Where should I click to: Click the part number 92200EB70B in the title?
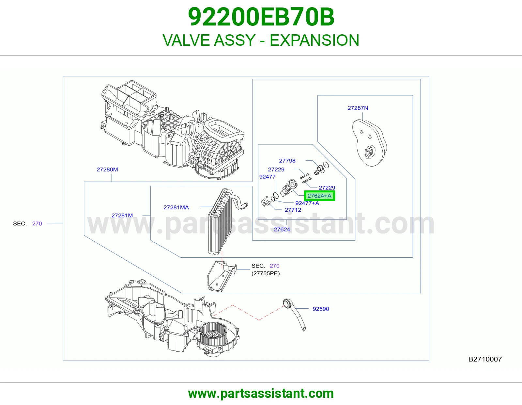click(x=261, y=17)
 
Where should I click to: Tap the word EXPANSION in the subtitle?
click(x=314, y=40)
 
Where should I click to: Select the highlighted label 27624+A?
click(x=319, y=196)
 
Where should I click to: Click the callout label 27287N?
click(x=358, y=108)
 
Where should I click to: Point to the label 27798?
click(x=287, y=161)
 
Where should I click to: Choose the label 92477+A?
click(x=307, y=203)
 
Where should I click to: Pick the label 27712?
click(x=293, y=210)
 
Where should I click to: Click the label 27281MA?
click(x=176, y=207)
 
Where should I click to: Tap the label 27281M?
click(x=122, y=216)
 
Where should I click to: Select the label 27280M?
click(x=107, y=170)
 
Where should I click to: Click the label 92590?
click(x=321, y=309)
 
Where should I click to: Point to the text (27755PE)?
click(x=266, y=273)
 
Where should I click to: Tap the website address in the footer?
click(x=261, y=394)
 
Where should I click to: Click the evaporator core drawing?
click(x=221, y=221)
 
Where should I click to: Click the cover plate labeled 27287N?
click(x=369, y=143)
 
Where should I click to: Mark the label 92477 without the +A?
click(x=267, y=177)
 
